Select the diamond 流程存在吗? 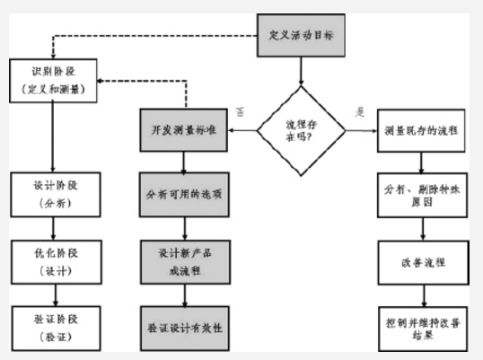coord(302,131)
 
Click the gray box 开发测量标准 coord(184,131)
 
